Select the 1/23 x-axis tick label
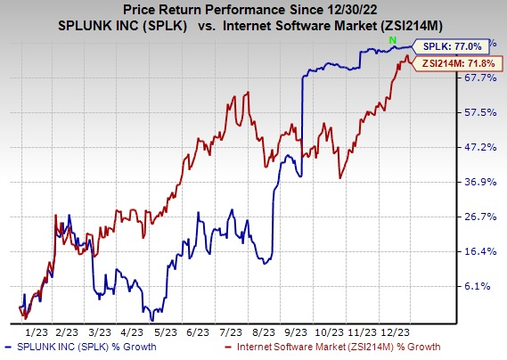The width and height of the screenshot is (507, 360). (x=36, y=329)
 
